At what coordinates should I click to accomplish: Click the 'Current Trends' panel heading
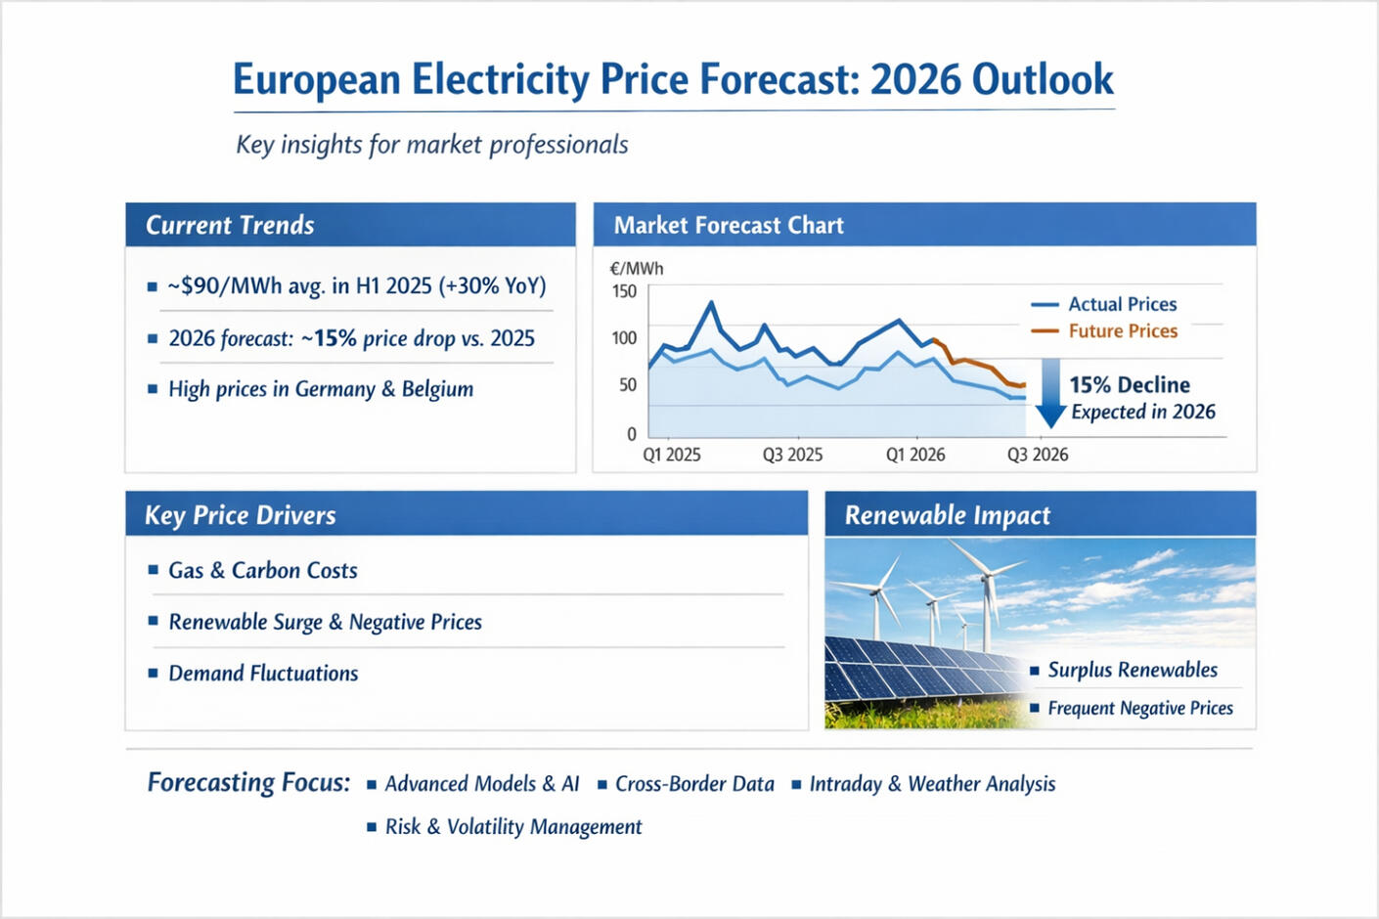pyautogui.click(x=230, y=225)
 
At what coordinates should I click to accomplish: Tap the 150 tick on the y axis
pyautogui.click(x=624, y=291)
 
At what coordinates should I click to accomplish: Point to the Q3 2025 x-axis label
pyautogui.click(x=792, y=455)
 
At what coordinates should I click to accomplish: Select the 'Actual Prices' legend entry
pyautogui.click(x=1122, y=304)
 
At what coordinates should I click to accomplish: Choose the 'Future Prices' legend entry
pyautogui.click(x=1123, y=331)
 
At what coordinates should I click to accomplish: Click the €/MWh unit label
pyautogui.click(x=636, y=268)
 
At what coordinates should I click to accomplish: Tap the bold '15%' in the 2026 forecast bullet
pyautogui.click(x=334, y=338)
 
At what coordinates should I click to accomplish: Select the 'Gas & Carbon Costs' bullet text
pyautogui.click(x=262, y=570)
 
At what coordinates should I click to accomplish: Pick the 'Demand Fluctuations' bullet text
pyautogui.click(x=263, y=674)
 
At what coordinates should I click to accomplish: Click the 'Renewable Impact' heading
pyautogui.click(x=947, y=515)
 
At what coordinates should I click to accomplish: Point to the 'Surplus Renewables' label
pyautogui.click(x=1133, y=670)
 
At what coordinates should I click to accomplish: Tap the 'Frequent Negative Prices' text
pyautogui.click(x=1140, y=708)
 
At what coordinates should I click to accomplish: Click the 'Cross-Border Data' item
pyautogui.click(x=694, y=784)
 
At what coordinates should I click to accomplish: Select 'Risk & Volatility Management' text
pyautogui.click(x=513, y=827)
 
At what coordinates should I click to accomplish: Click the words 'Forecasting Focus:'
pyautogui.click(x=248, y=783)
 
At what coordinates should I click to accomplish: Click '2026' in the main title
pyautogui.click(x=915, y=79)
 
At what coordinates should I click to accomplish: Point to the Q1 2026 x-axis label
pyautogui.click(x=915, y=455)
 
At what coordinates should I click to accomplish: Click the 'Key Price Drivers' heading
pyautogui.click(x=241, y=515)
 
